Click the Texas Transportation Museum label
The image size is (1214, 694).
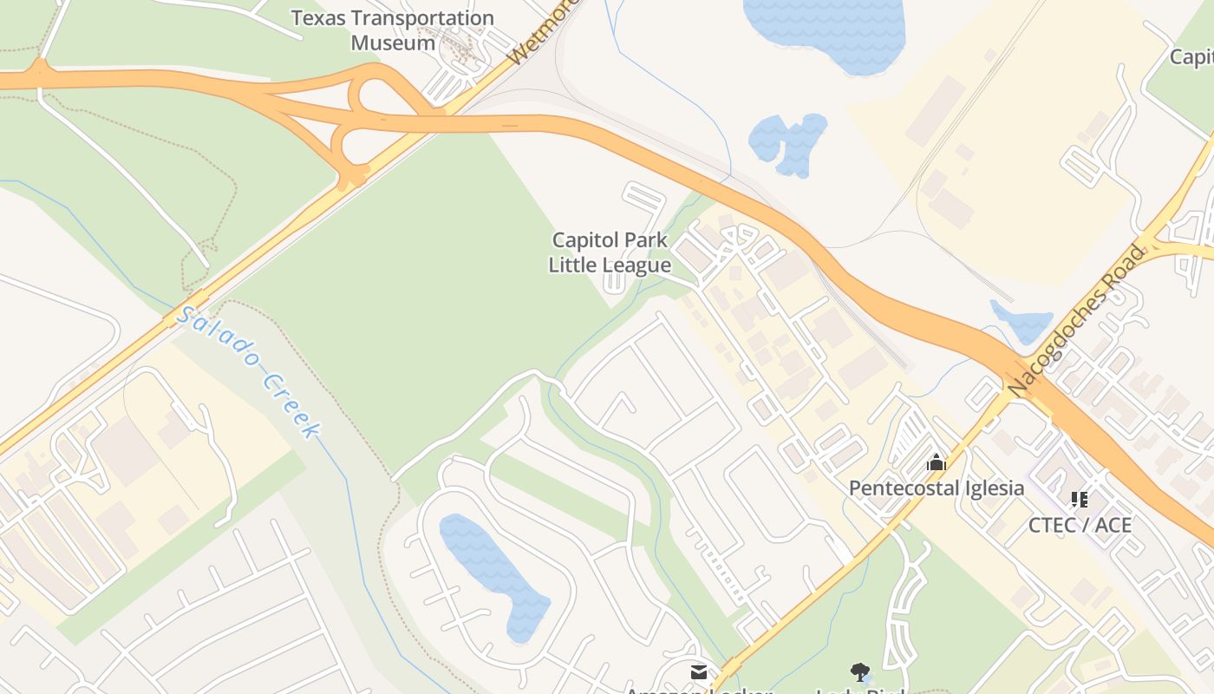[x=392, y=29]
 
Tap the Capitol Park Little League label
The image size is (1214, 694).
[x=610, y=252]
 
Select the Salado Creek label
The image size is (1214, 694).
[x=249, y=371]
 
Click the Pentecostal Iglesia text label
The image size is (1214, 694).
[x=937, y=488]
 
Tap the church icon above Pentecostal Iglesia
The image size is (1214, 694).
[x=936, y=463]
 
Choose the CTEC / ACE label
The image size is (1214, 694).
[x=1080, y=525]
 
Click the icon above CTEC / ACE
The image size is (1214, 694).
[x=1080, y=500]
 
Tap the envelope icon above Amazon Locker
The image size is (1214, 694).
[x=699, y=672]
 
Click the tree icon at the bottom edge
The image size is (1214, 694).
[x=860, y=672]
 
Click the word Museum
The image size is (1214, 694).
[x=394, y=43]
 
